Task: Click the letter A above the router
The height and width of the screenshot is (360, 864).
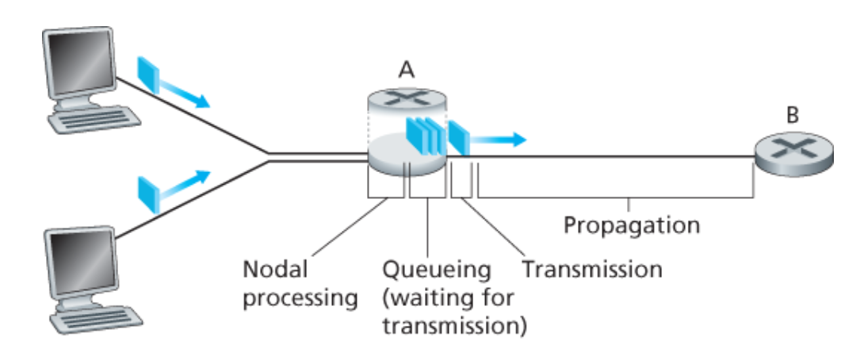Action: pos(407,70)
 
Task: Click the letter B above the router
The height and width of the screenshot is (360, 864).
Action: pos(792,116)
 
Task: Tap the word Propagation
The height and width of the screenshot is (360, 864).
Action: pos(632,224)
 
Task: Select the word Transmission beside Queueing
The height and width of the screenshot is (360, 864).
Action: pos(592,269)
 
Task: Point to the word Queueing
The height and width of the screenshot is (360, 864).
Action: pos(438,269)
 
